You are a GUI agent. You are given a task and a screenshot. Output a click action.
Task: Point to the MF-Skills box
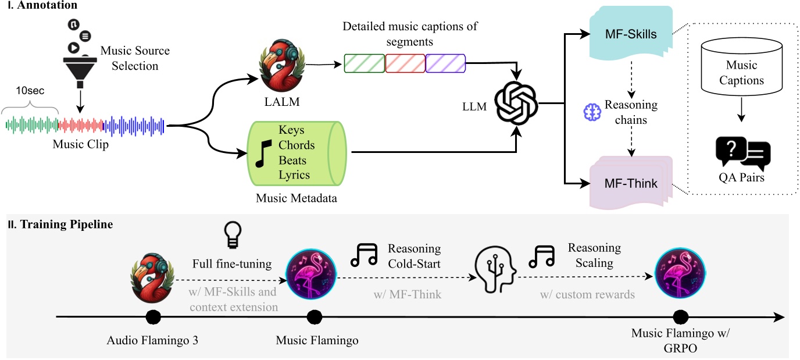[x=631, y=34]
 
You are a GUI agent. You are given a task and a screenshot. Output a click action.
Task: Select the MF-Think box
[x=631, y=183]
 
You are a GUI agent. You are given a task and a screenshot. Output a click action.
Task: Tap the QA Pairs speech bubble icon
[x=742, y=154]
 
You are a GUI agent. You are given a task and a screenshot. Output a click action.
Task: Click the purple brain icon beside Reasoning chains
[x=591, y=113]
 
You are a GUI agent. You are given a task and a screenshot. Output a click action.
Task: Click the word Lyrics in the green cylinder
[x=294, y=174]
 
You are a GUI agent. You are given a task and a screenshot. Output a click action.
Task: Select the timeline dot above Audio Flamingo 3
[x=153, y=318]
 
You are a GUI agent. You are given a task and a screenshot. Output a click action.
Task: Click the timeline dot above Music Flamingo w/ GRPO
[x=680, y=318]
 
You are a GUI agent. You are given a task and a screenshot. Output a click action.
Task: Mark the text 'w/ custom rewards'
[x=587, y=295]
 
